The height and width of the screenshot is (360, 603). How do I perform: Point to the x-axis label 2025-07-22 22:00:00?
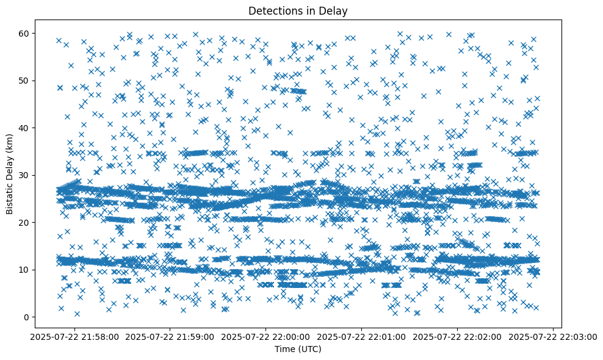click(x=266, y=336)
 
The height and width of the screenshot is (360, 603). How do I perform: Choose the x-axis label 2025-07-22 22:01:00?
click(x=362, y=336)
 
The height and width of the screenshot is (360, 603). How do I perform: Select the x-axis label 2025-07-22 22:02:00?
click(x=458, y=336)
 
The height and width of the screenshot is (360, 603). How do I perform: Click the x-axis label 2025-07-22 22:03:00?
click(x=553, y=336)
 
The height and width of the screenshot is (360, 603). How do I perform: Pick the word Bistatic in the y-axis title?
click(x=9, y=197)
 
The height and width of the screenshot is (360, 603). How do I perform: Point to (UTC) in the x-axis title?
click(x=309, y=349)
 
